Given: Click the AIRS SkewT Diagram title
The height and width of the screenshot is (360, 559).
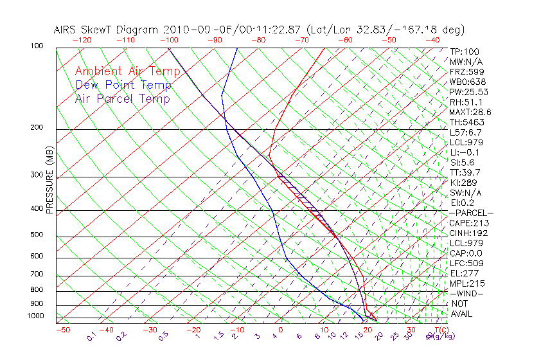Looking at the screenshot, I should pyautogui.click(x=259, y=30).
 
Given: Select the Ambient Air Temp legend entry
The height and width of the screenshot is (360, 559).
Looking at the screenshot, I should pyautogui.click(x=127, y=71).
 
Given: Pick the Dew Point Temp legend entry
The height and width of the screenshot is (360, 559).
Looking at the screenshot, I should pyautogui.click(x=123, y=85).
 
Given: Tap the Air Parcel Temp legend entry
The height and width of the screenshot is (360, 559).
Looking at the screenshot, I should pyautogui.click(x=122, y=98).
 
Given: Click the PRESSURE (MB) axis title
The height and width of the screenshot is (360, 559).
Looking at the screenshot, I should pyautogui.click(x=49, y=180).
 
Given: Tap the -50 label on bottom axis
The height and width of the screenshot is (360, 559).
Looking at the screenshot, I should pyautogui.click(x=63, y=330).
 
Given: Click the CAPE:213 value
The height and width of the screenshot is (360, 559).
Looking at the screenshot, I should pyautogui.click(x=468, y=223).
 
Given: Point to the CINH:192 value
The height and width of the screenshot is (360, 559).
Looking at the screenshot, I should pyautogui.click(x=468, y=233).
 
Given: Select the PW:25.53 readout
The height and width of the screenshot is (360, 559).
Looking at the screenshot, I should pyautogui.click(x=469, y=92).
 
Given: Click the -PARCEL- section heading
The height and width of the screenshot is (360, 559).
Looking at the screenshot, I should pyautogui.click(x=471, y=213).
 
